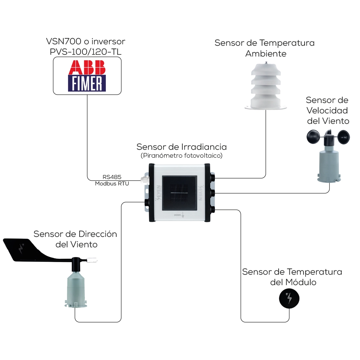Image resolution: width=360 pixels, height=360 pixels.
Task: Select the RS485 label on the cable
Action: tap(112, 177)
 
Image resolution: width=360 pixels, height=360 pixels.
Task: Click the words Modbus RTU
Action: tap(112, 184)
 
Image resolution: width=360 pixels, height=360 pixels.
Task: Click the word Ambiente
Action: tap(266, 54)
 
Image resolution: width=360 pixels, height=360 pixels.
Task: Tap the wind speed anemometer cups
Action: tap(328, 136)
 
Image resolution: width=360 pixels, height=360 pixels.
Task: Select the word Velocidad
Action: tap(327, 110)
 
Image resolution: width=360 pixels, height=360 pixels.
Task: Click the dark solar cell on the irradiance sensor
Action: tap(179, 193)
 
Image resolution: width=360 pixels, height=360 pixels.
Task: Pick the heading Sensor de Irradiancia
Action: tap(181, 147)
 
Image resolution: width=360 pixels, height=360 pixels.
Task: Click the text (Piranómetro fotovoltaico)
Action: tap(181, 156)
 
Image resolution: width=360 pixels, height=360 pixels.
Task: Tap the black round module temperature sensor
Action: tap(289, 298)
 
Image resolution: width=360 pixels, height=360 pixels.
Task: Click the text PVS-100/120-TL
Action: tap(86, 51)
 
